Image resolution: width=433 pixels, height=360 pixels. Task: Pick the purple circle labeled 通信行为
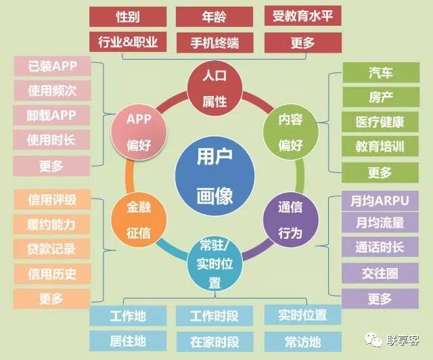tap(290, 220)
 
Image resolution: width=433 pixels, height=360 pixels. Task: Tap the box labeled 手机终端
tap(214, 42)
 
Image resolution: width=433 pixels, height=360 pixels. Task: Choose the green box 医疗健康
tap(380, 122)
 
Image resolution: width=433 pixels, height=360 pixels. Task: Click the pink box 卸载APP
tap(52, 115)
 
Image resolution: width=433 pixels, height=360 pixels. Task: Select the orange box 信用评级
tap(52, 200)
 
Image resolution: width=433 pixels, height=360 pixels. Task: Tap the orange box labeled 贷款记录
tap(52, 248)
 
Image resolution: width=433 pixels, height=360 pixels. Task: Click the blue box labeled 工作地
tap(128, 315)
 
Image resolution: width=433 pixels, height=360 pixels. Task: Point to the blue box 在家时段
tap(214, 340)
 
